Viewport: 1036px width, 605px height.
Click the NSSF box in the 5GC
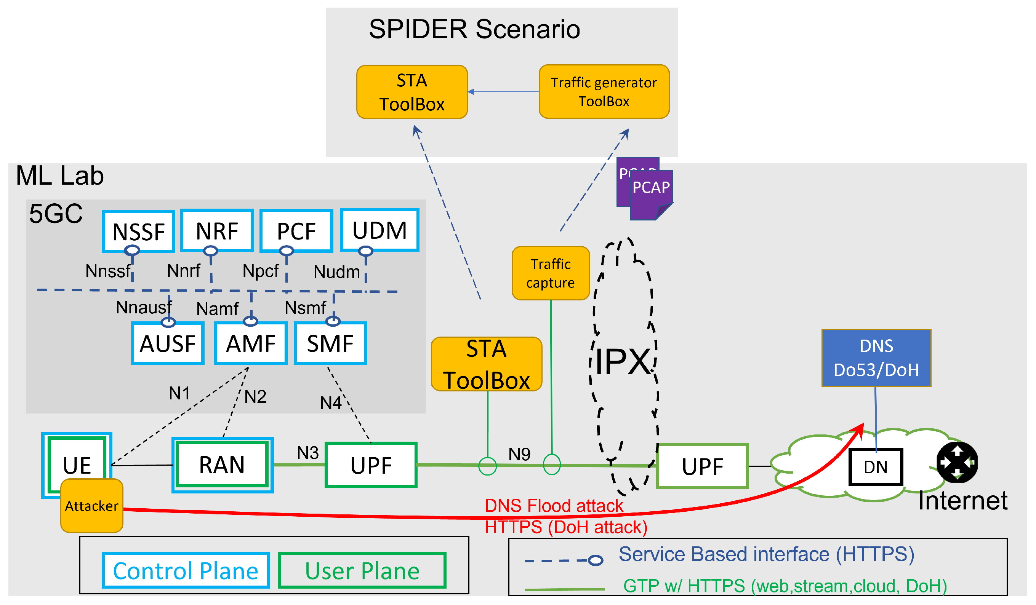click(x=139, y=231)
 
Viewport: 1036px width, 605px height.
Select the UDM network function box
click(x=379, y=230)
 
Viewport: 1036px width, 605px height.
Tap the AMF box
click(x=251, y=343)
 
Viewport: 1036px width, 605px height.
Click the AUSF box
click(x=168, y=343)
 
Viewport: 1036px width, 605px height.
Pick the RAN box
click(x=223, y=465)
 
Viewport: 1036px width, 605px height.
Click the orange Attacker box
click(x=92, y=506)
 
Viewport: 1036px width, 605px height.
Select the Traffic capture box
click(x=551, y=273)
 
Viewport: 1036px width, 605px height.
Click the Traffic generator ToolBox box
click(x=604, y=92)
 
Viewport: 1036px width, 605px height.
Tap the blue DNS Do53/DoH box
click(x=876, y=358)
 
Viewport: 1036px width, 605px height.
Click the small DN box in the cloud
click(x=876, y=467)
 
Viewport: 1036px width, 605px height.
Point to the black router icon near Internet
click(x=957, y=463)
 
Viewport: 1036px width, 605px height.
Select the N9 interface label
click(x=519, y=454)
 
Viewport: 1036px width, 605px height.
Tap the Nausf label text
click(x=144, y=308)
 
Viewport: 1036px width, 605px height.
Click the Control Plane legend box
click(x=186, y=570)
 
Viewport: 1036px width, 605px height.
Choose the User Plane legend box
click(x=362, y=570)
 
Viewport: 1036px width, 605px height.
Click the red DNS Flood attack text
click(x=554, y=506)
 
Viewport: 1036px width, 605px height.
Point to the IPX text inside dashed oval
click(x=623, y=361)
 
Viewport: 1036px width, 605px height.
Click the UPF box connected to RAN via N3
click(x=371, y=465)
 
